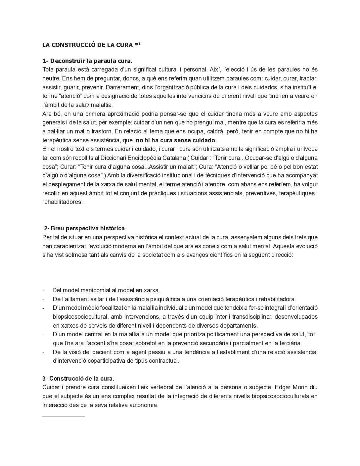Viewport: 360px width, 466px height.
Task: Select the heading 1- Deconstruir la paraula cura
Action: [x=87, y=61]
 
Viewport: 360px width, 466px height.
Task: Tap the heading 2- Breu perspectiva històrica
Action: [x=85, y=228]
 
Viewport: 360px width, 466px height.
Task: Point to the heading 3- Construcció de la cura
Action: [x=78, y=379]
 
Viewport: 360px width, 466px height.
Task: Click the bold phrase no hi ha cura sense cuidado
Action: [x=176, y=140]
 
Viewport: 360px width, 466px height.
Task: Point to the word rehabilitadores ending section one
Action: [x=62, y=202]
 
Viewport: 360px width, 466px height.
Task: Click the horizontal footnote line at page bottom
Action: [x=64, y=415]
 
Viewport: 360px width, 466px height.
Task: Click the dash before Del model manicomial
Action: [x=44, y=291]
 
